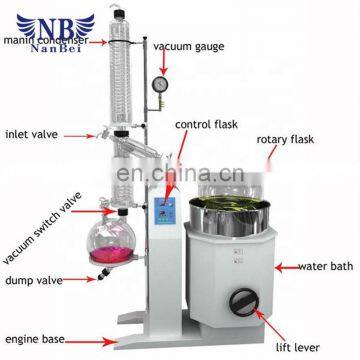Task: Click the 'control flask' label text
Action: point(205,125)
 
